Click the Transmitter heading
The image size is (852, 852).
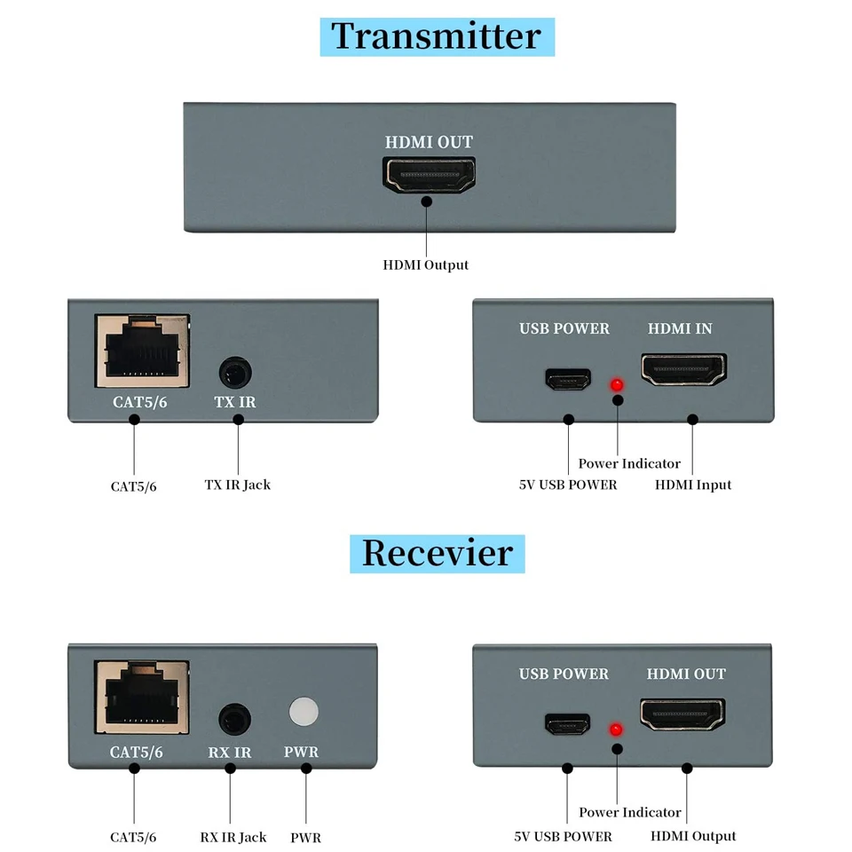(x=436, y=36)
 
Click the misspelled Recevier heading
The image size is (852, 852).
(x=437, y=553)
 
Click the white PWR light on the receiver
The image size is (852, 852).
(x=304, y=712)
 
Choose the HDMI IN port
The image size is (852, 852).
(x=683, y=369)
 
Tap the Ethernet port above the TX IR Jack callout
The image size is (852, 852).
(x=142, y=350)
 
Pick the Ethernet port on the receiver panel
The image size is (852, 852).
(x=142, y=697)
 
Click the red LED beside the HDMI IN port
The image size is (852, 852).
(x=614, y=385)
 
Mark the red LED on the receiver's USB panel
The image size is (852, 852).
(x=614, y=730)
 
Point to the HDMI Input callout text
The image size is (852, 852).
(x=693, y=485)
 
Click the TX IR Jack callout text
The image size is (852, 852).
(x=237, y=485)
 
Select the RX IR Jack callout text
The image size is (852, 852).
(x=233, y=837)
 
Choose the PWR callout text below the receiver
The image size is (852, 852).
(x=305, y=837)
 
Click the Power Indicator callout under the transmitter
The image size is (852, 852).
(x=629, y=463)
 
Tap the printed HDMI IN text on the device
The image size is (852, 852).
(x=680, y=328)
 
